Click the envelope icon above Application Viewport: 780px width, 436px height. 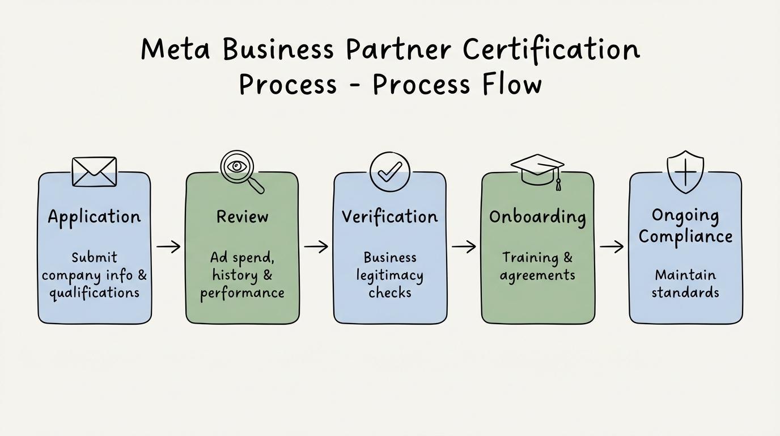pyautogui.click(x=95, y=171)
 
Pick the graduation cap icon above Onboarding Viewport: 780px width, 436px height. pyautogui.click(x=537, y=169)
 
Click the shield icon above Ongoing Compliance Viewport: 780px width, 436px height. pyautogui.click(x=685, y=171)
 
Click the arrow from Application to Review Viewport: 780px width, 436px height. pyautogui.click(x=168, y=246)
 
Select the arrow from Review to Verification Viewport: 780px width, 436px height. pyautogui.click(x=316, y=246)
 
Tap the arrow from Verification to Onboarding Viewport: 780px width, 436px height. pyautogui.click(x=464, y=246)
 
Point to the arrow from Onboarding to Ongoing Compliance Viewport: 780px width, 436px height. pyautogui.click(x=612, y=246)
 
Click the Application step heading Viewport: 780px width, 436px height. pyautogui.click(x=94, y=217)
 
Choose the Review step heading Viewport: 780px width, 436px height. pyautogui.click(x=242, y=216)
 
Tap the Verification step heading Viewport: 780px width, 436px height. pyautogui.click(x=389, y=216)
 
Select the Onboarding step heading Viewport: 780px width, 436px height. pyautogui.click(x=537, y=217)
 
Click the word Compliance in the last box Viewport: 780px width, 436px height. pyautogui.click(x=685, y=237)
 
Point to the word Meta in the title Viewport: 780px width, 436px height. pyautogui.click(x=176, y=49)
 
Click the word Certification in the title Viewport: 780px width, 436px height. pyautogui.click(x=551, y=49)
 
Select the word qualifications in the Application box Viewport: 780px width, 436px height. pyautogui.click(x=94, y=293)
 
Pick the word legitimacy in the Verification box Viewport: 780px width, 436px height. pyautogui.click(x=389, y=276)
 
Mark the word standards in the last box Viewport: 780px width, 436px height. pyautogui.click(x=685, y=293)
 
